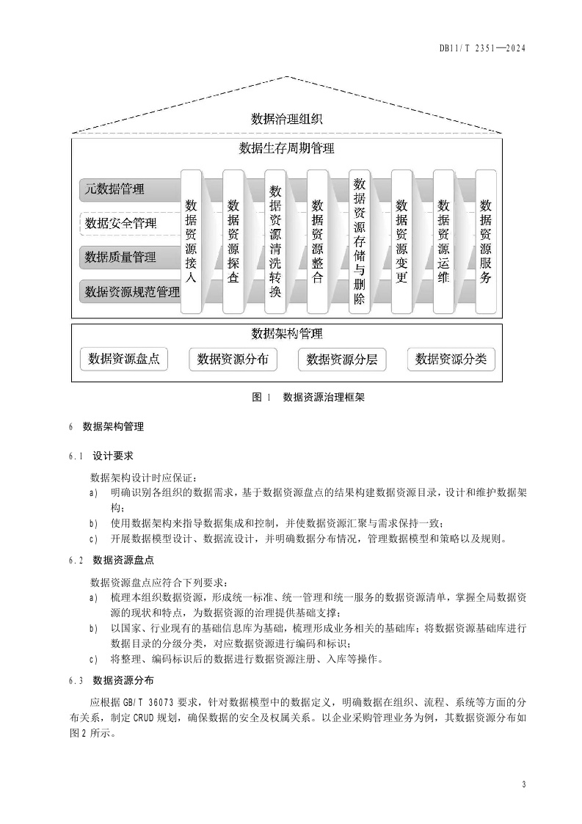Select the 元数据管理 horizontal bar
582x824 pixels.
pyautogui.click(x=128, y=189)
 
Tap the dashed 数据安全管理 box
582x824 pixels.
pyautogui.click(x=128, y=223)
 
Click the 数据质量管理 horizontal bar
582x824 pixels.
pyautogui.click(x=128, y=257)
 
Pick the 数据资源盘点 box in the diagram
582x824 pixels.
pyautogui.click(x=124, y=359)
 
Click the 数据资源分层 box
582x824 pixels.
pyautogui.click(x=341, y=360)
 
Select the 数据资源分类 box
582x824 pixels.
pyautogui.click(x=451, y=359)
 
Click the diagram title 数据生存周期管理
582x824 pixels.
pyautogui.click(x=287, y=149)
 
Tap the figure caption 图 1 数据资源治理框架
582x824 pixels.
pyautogui.click(x=308, y=398)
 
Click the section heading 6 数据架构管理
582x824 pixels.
pyautogui.click(x=107, y=426)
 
